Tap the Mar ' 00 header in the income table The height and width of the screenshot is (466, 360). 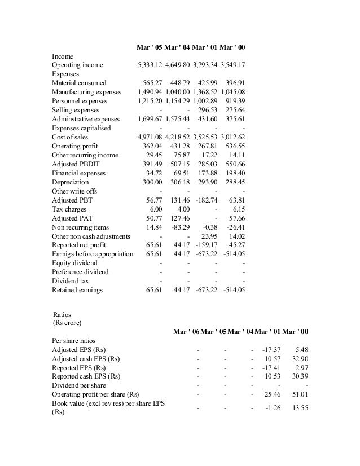(x=232, y=47)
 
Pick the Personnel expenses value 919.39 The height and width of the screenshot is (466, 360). (x=233, y=102)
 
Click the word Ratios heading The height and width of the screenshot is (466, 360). (x=63, y=314)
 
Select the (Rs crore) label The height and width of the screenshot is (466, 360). (x=67, y=323)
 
